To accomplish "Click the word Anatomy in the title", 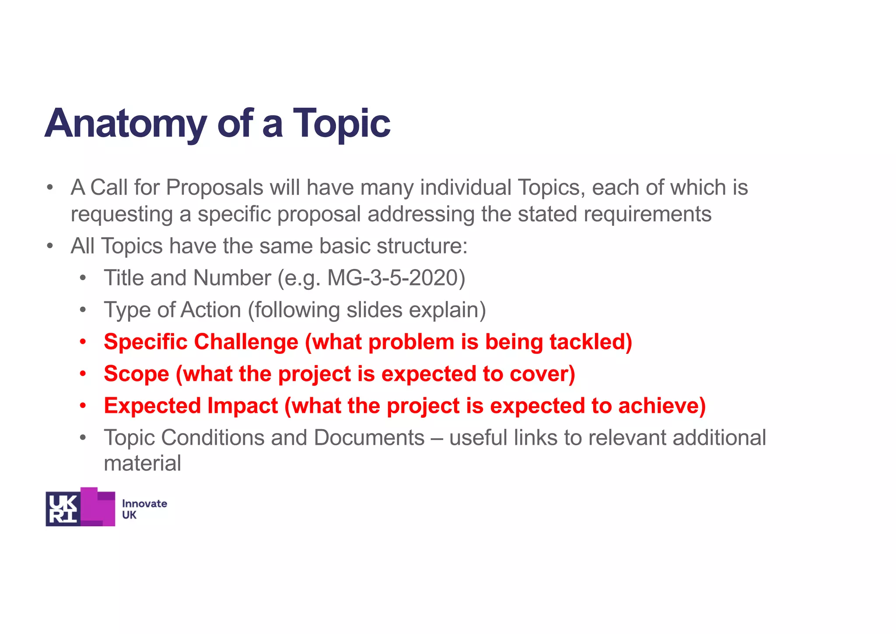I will (126, 124).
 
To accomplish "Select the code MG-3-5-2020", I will (396, 278).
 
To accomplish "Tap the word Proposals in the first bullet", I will (214, 188).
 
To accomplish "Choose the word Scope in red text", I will (136, 374).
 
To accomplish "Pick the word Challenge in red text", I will (246, 342).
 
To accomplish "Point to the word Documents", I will (369, 438).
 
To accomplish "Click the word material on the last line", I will (142, 464).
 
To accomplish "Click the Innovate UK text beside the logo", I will (144, 509).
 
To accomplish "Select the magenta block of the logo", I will (98, 508).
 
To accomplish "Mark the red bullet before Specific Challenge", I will (83, 342).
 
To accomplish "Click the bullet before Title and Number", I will (83, 278).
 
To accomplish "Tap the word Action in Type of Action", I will (210, 310).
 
